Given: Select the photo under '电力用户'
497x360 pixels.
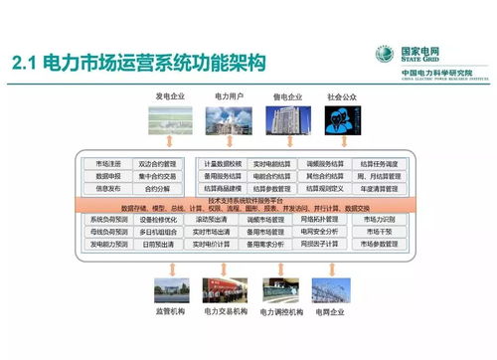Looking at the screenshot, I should click(224, 119).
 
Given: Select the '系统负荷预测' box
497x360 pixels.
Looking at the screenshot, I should click(109, 219).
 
